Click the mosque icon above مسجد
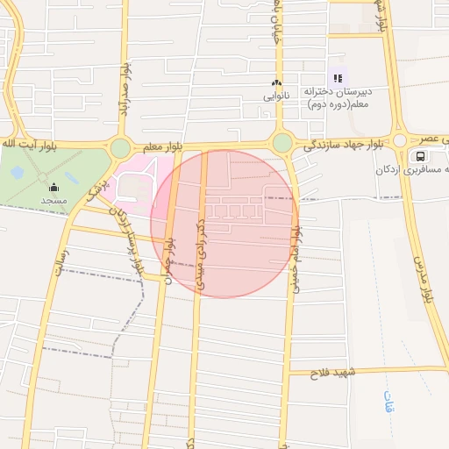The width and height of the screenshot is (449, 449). (54, 187)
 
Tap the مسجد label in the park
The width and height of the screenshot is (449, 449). (54, 200)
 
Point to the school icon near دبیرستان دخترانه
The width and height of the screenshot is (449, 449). (338, 79)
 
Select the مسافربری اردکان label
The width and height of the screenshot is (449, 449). (416, 169)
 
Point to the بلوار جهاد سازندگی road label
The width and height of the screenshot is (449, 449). (337, 144)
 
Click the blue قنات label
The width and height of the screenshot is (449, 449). (389, 402)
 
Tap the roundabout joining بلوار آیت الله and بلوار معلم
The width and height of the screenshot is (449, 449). (120, 148)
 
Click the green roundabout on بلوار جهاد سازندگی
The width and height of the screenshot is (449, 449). (282, 142)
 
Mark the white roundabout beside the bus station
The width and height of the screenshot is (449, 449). (400, 140)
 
